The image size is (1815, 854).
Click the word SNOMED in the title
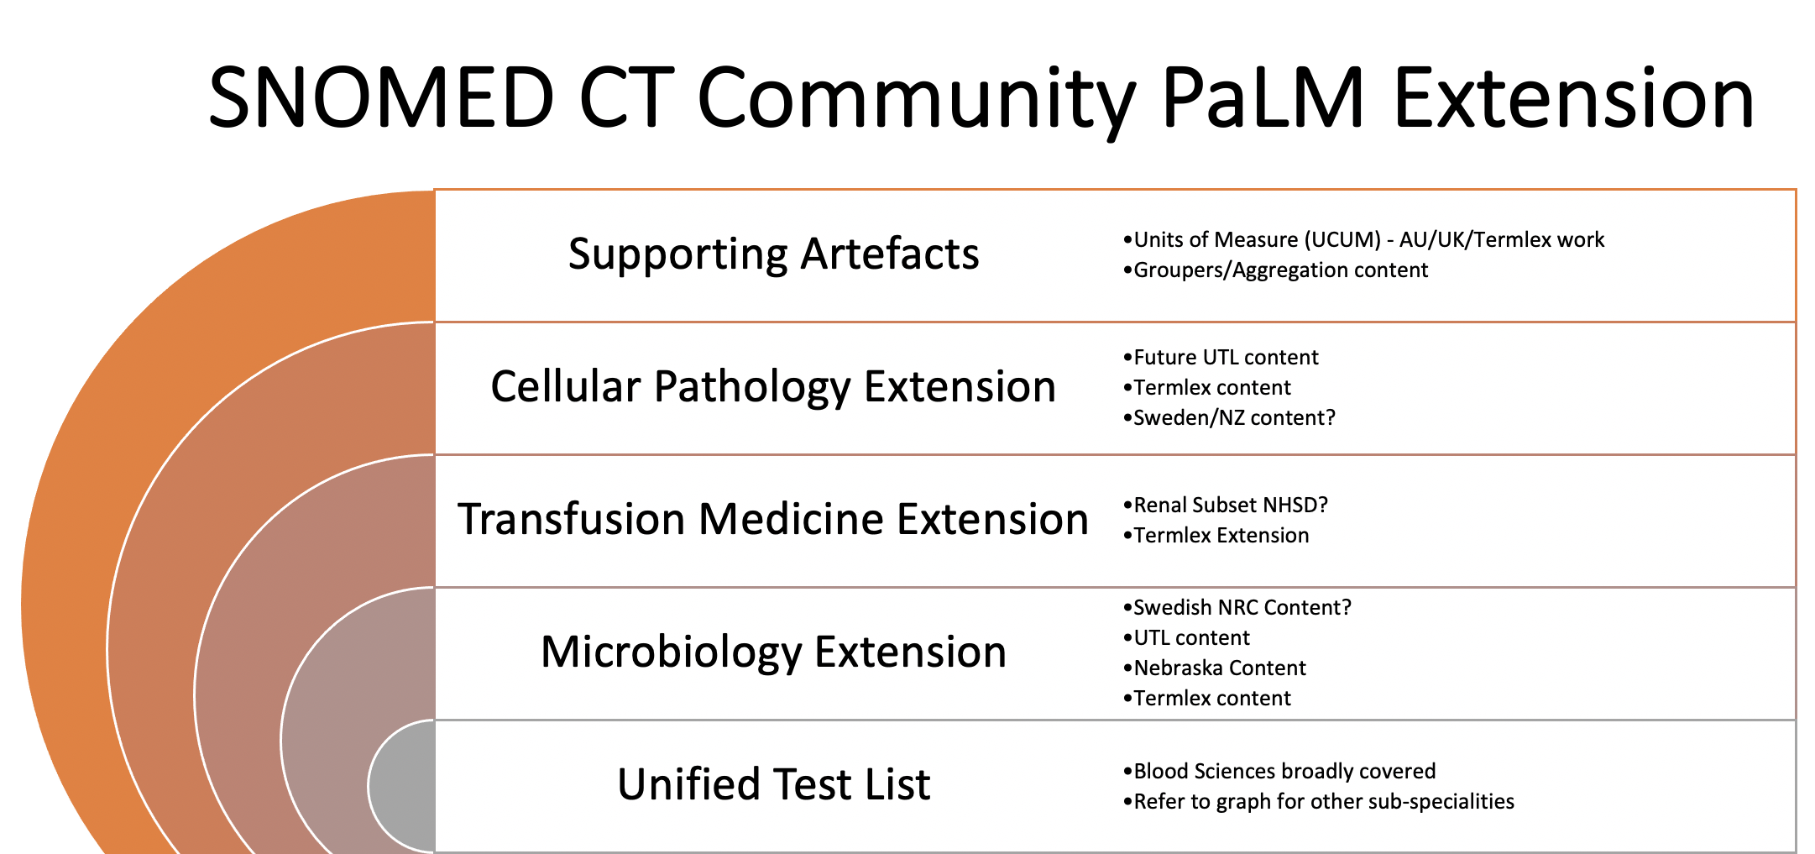click(x=381, y=98)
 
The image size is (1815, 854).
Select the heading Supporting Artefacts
click(x=773, y=254)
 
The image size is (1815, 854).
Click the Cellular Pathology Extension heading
click(x=773, y=387)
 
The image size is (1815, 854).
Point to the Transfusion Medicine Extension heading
click(x=773, y=519)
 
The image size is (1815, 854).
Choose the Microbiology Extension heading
click(x=773, y=652)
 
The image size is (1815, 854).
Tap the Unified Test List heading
click(x=773, y=784)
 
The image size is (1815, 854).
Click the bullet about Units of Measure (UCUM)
click(x=1363, y=240)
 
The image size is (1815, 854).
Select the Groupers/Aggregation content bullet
click(x=1275, y=270)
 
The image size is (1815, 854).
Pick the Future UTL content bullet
click(x=1221, y=358)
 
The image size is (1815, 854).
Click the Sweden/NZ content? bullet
click(x=1229, y=418)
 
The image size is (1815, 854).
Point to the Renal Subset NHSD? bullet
click(x=1226, y=506)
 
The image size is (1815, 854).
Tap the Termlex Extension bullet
click(x=1216, y=536)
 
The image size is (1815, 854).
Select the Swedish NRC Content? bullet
click(x=1237, y=608)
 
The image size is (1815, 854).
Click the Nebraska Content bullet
click(x=1214, y=668)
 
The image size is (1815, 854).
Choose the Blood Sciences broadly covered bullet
click(x=1279, y=772)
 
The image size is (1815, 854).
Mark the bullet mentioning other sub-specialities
click(x=1319, y=802)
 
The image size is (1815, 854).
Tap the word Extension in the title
click(x=1574, y=98)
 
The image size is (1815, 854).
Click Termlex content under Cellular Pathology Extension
click(x=1207, y=388)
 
